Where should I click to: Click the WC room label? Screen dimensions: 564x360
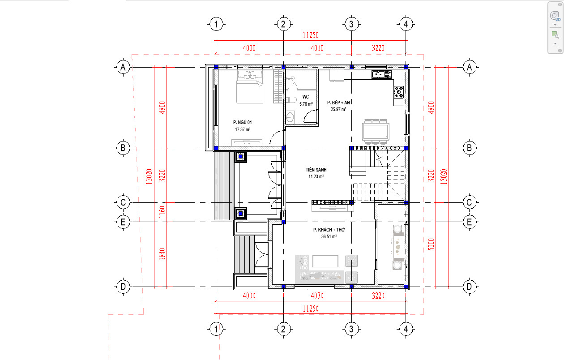[305, 97]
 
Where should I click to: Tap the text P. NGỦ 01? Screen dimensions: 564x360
[242, 122]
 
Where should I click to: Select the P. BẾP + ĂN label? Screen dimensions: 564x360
[338, 103]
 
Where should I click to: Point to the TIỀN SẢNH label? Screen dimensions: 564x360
[316, 170]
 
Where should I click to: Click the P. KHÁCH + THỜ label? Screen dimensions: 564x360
[329, 230]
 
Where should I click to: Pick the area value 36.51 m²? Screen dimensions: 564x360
[329, 236]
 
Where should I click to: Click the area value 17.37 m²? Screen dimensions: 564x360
[243, 129]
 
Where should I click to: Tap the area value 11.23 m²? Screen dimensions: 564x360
[316, 176]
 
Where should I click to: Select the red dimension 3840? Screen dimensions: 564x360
[162, 254]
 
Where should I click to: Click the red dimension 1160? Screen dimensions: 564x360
[162, 212]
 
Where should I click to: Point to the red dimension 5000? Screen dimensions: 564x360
[431, 244]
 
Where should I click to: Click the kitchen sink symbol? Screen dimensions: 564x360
[381, 75]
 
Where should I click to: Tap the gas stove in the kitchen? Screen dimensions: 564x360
[398, 92]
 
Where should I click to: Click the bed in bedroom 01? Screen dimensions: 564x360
[249, 87]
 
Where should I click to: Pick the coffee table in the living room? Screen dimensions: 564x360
[325, 261]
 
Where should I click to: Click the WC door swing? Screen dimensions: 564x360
[311, 116]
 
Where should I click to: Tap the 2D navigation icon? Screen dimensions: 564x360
[555, 17]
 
